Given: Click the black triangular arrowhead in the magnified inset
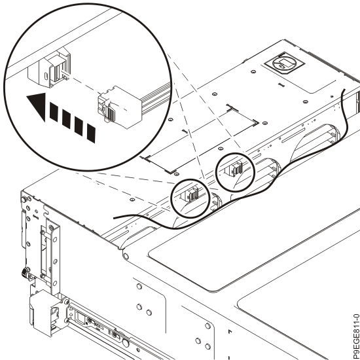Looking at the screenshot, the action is point(39,105).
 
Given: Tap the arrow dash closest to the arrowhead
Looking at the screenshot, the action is point(54,112).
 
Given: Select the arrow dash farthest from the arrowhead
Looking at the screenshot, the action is point(91,133).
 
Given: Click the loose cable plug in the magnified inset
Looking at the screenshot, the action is point(119,107).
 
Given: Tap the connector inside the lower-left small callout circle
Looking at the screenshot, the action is point(190,194).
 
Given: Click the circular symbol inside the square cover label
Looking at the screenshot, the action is point(284,63).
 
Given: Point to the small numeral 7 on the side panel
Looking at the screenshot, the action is point(230,331).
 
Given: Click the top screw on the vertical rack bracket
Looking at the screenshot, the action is point(51,228).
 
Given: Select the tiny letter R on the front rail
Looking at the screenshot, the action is point(86,323).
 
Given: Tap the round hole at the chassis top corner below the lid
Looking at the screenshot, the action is point(126,256).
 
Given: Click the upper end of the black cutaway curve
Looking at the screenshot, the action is point(344,90).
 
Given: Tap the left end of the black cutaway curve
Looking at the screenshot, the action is point(115,218).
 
